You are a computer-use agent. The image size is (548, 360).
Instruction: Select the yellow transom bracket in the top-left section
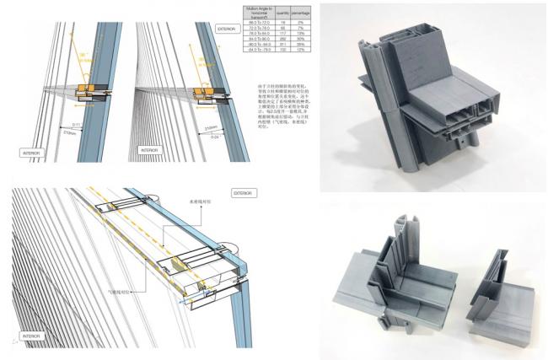click(85, 89)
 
